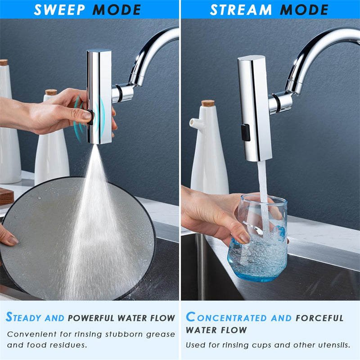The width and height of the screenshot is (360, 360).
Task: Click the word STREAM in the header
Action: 241,9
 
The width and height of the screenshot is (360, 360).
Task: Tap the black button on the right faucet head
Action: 245,132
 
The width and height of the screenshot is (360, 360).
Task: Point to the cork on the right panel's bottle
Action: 208,103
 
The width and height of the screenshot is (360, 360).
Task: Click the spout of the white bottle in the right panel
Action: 193,122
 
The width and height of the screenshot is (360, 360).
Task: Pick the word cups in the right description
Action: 264,345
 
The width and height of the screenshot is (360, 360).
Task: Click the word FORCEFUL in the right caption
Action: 319,318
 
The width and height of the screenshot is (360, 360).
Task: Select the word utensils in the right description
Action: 333,345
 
